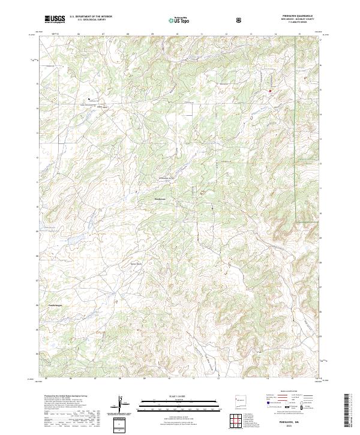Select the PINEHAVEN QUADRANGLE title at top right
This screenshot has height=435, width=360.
(300, 16)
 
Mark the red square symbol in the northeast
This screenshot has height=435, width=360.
(270, 91)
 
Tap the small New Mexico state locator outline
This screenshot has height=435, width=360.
(238, 400)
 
